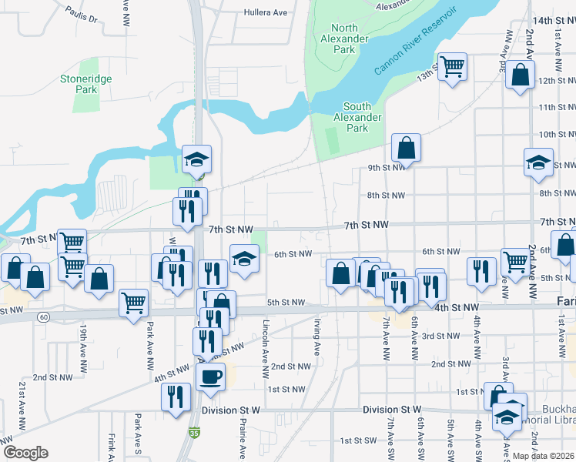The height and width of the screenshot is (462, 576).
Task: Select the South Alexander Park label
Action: tap(357, 118)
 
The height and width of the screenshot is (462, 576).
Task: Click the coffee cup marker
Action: tap(210, 377)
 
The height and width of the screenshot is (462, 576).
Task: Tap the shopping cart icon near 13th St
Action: tap(452, 66)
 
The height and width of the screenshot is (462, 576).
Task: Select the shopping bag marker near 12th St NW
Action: tap(521, 75)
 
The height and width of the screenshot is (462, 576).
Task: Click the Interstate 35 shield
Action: tap(191, 434)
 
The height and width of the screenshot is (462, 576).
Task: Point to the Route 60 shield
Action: tap(45, 317)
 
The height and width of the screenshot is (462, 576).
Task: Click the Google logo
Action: tap(25, 453)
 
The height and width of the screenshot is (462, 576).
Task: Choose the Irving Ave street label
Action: tap(316, 338)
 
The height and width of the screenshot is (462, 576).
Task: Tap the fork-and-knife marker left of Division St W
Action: tap(176, 397)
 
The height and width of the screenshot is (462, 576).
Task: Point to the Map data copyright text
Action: tap(543, 456)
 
